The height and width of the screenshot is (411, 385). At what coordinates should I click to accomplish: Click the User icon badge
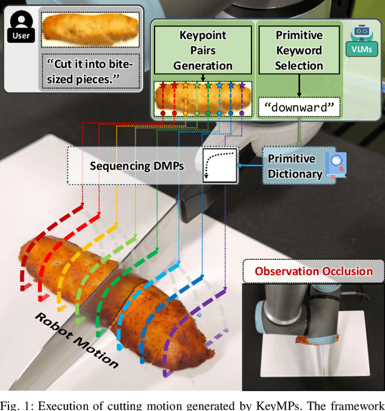coord(20,27)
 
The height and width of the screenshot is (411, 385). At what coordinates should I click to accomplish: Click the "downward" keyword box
coord(298,107)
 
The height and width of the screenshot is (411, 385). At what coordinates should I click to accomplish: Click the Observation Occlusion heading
coord(313,271)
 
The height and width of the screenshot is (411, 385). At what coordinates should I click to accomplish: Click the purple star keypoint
coord(242,86)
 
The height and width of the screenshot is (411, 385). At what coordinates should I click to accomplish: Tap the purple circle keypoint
coord(242,112)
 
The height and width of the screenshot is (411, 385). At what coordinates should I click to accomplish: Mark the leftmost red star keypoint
coord(162,86)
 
